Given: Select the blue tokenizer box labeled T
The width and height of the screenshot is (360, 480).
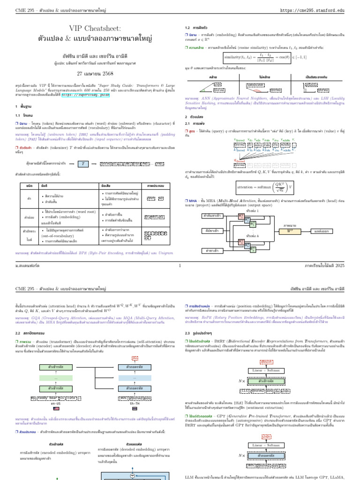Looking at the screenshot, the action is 83,163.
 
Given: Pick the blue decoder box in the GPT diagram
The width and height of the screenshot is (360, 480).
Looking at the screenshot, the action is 266,454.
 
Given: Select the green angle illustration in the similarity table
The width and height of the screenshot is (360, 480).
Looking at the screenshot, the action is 210,86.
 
